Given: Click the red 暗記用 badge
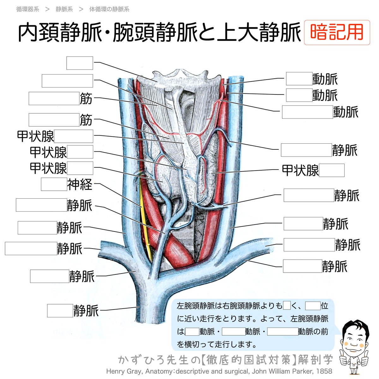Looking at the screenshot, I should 337,33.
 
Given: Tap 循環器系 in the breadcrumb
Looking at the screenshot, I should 28,9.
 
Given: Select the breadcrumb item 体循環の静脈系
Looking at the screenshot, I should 109,9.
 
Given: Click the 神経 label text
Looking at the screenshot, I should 80,184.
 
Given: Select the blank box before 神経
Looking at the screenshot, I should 54,184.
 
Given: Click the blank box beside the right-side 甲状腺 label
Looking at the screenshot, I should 332,171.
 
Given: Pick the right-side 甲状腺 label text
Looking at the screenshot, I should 300,171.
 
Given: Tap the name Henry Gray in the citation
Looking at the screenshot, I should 120,371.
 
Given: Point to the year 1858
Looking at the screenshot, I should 324,371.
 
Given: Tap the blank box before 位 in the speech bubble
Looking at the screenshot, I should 313,306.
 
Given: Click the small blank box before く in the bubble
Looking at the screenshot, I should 287,306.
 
